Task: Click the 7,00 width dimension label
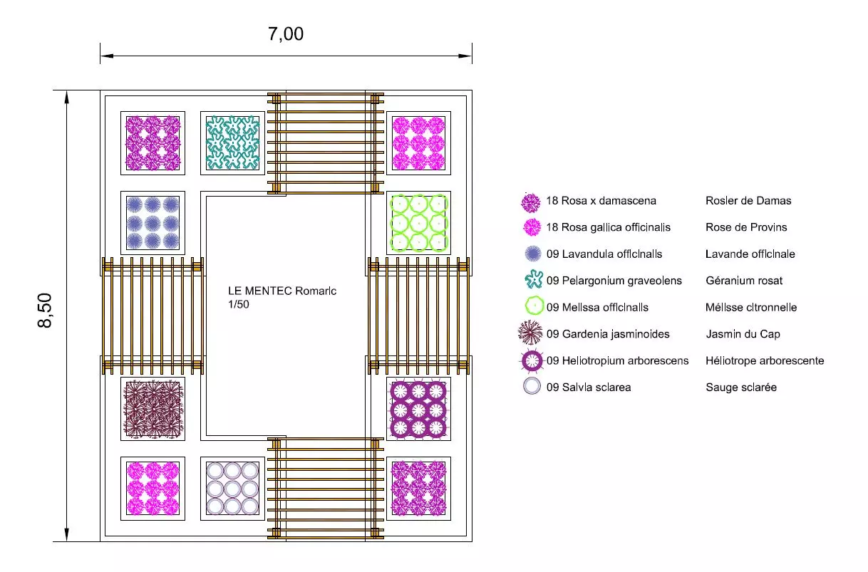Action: [286, 34]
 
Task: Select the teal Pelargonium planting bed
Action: [232, 142]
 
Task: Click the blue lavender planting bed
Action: [153, 222]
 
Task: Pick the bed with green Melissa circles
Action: [418, 222]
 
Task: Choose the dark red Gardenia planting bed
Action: [153, 408]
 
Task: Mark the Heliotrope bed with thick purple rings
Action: [418, 408]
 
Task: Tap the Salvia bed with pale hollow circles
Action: [232, 488]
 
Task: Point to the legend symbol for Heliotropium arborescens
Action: [532, 360]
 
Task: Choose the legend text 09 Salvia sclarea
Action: [589, 388]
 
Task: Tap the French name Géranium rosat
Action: [744, 281]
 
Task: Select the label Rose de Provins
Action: [746, 227]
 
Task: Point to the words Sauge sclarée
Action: [741, 388]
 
